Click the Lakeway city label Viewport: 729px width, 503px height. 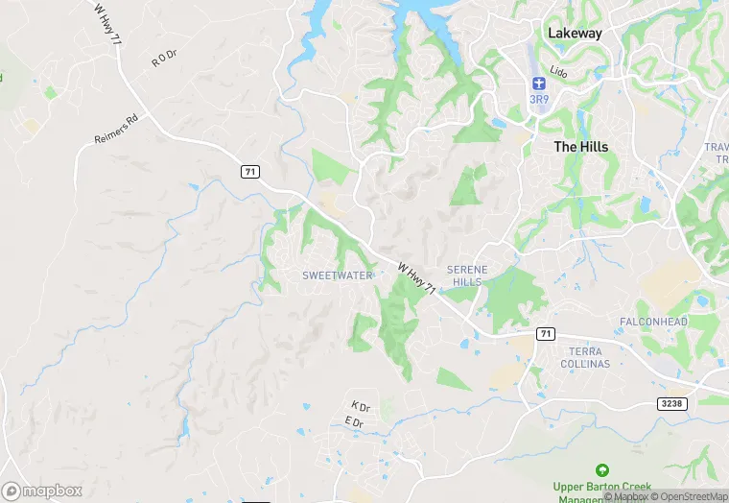(x=575, y=33)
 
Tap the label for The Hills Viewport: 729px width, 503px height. (x=581, y=147)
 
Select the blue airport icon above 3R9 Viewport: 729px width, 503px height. (x=538, y=84)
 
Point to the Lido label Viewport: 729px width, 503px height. (x=559, y=71)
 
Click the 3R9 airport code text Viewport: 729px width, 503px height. (x=538, y=99)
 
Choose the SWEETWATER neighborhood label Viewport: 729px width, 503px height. (x=337, y=275)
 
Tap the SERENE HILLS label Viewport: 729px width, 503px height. (x=467, y=275)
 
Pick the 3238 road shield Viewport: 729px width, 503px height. (x=672, y=404)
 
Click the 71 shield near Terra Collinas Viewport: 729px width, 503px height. (x=545, y=333)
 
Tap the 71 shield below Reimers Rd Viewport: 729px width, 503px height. (x=249, y=171)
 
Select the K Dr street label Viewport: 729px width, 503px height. (x=361, y=406)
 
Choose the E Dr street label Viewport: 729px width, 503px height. (x=354, y=421)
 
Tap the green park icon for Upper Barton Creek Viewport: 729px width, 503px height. (x=602, y=470)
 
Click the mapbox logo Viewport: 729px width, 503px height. (x=42, y=491)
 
